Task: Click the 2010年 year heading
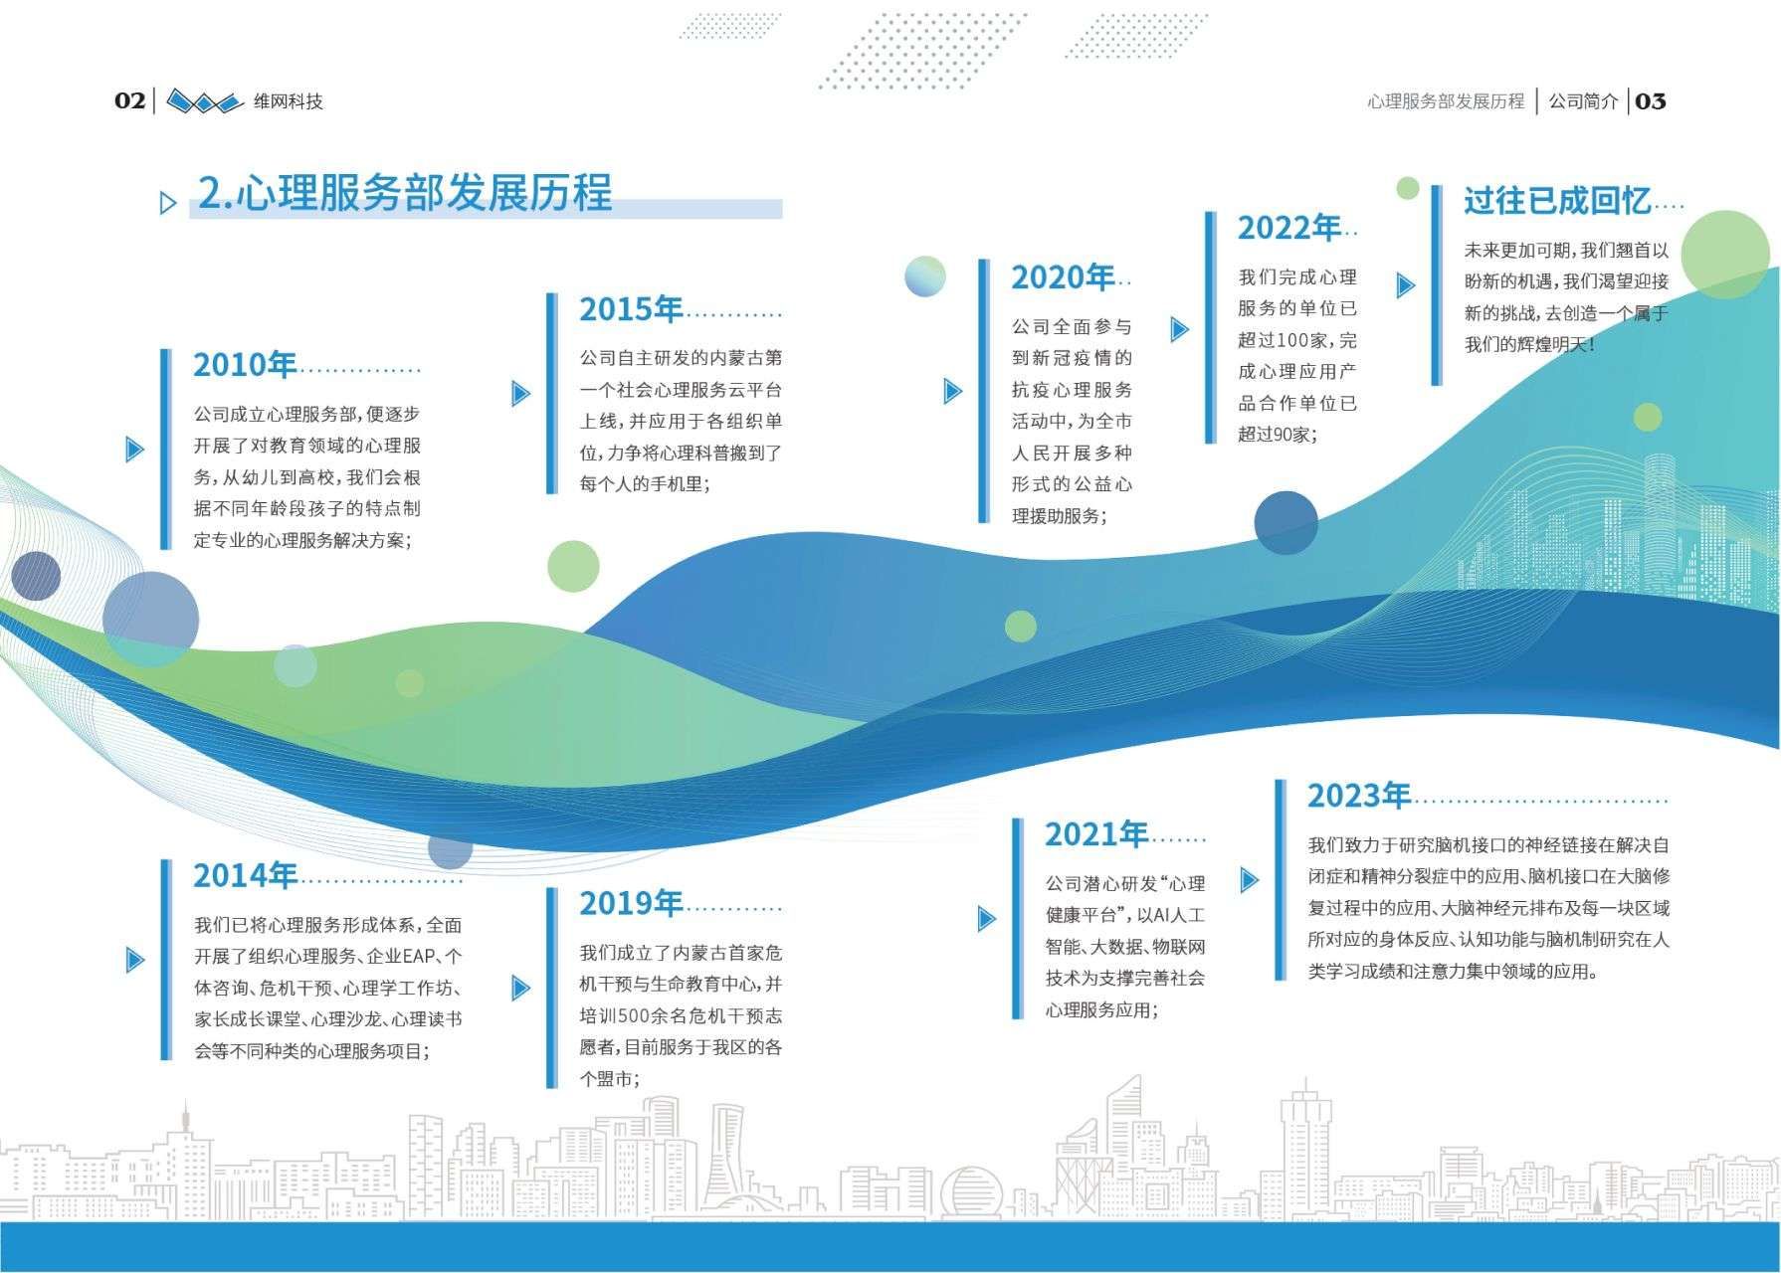[245, 365]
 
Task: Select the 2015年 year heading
[631, 309]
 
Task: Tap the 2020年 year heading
[1063, 277]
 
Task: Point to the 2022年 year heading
[1288, 228]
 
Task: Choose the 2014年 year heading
[245, 875]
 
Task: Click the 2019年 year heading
[631, 903]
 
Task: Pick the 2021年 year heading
[1096, 834]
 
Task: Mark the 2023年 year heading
[1359, 796]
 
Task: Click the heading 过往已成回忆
[1557, 201]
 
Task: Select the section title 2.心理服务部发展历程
[405, 193]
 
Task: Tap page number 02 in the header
[130, 100]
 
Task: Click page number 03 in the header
[1651, 100]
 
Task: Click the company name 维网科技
[289, 101]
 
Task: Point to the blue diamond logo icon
[204, 100]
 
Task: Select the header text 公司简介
[1583, 101]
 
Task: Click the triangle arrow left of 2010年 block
[134, 449]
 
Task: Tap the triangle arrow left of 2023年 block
[1250, 879]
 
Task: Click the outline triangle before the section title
[168, 204]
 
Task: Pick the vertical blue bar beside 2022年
[1210, 327]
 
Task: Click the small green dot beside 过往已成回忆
[1408, 188]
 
